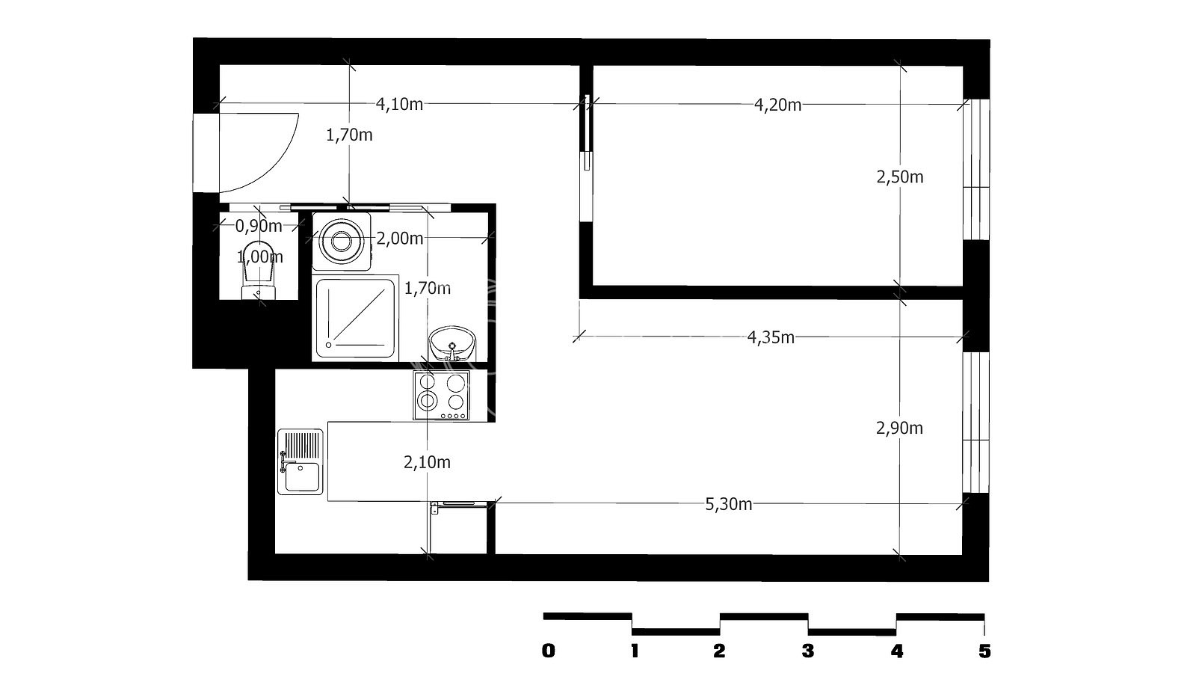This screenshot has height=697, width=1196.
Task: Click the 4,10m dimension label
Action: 399,104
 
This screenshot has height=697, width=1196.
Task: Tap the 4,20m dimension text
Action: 777,105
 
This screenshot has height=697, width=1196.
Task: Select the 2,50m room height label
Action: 900,176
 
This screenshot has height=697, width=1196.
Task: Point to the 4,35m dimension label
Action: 771,337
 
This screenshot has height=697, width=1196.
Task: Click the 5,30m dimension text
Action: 729,503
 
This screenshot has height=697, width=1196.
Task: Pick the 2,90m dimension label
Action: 900,428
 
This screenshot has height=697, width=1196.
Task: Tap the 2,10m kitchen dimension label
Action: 427,462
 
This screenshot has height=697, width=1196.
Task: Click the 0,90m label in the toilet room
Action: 259,226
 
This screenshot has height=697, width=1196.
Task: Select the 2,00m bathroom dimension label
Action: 400,239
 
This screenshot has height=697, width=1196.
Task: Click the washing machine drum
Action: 341,242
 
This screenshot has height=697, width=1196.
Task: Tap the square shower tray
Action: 355,319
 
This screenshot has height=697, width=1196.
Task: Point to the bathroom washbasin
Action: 451,343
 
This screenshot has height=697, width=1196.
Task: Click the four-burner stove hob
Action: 441,395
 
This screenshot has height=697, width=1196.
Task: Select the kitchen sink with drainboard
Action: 300,461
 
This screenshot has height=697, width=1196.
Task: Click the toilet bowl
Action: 259,271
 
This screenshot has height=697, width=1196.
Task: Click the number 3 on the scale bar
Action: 808,651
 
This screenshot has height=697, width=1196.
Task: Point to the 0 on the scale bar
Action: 549,651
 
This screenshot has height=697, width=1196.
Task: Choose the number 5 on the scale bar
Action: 984,651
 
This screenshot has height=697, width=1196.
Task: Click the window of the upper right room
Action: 976,169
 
